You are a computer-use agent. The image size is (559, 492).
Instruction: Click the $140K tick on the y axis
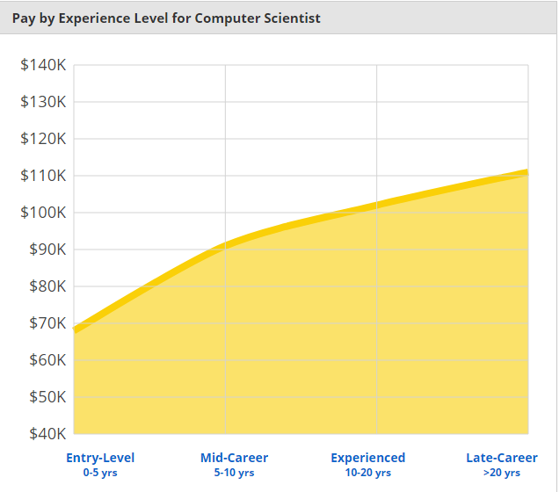43,64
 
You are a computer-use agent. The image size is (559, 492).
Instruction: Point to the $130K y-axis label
43,101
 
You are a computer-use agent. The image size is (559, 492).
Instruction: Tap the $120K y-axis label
43,138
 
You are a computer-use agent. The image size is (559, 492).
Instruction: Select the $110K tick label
43,175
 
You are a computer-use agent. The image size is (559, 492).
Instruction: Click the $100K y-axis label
43,212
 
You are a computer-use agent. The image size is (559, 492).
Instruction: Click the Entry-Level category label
100,458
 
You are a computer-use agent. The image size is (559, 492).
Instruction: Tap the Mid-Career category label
234,458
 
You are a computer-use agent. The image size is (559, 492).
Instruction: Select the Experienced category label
368,458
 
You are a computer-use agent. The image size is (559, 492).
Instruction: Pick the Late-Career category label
502,458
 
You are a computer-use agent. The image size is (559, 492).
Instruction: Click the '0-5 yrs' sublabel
100,473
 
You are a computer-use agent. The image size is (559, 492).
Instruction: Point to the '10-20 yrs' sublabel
368,473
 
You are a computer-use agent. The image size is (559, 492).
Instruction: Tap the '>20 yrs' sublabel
502,473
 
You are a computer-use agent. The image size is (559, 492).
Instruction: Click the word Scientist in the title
291,18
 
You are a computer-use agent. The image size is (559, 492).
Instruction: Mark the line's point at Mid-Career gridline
225,245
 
